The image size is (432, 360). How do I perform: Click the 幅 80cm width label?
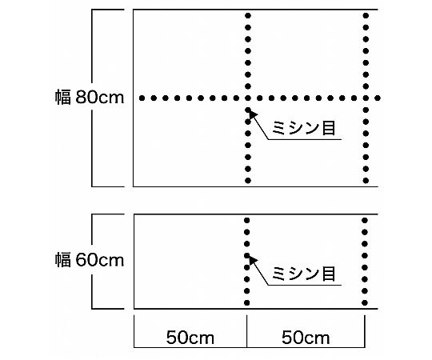(x=90, y=97)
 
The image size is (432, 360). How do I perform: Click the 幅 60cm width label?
(x=90, y=259)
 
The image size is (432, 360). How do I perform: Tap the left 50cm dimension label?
(x=190, y=338)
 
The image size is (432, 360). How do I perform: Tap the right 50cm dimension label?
(x=306, y=338)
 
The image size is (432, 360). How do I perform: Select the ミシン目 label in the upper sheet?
(x=304, y=128)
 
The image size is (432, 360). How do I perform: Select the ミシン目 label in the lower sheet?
(x=304, y=274)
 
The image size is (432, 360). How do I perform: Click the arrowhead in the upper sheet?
(x=253, y=114)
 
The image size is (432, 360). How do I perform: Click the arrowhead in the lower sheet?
(x=253, y=260)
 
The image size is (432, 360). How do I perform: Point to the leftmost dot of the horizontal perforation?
(x=142, y=98)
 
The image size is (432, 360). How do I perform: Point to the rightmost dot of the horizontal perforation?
(x=378, y=98)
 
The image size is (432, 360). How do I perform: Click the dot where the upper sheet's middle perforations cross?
(x=248, y=98)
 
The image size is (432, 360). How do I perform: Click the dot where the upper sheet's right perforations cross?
(x=366, y=98)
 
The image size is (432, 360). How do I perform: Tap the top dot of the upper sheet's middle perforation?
(x=248, y=16)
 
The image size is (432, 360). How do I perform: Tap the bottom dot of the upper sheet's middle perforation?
(x=248, y=181)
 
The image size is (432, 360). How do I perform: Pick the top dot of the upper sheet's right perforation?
(x=366, y=16)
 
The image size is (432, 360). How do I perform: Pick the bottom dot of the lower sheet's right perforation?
(x=365, y=302)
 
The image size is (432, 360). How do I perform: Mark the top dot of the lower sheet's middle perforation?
(x=247, y=220)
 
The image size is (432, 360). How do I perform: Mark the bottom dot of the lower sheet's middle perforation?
(x=247, y=302)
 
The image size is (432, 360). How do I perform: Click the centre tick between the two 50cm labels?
(x=247, y=331)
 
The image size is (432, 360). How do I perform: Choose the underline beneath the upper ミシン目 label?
(x=305, y=139)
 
